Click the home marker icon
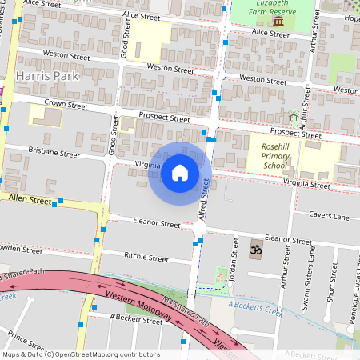point(180,172)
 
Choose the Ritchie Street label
point(146,258)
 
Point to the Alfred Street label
point(206,199)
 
